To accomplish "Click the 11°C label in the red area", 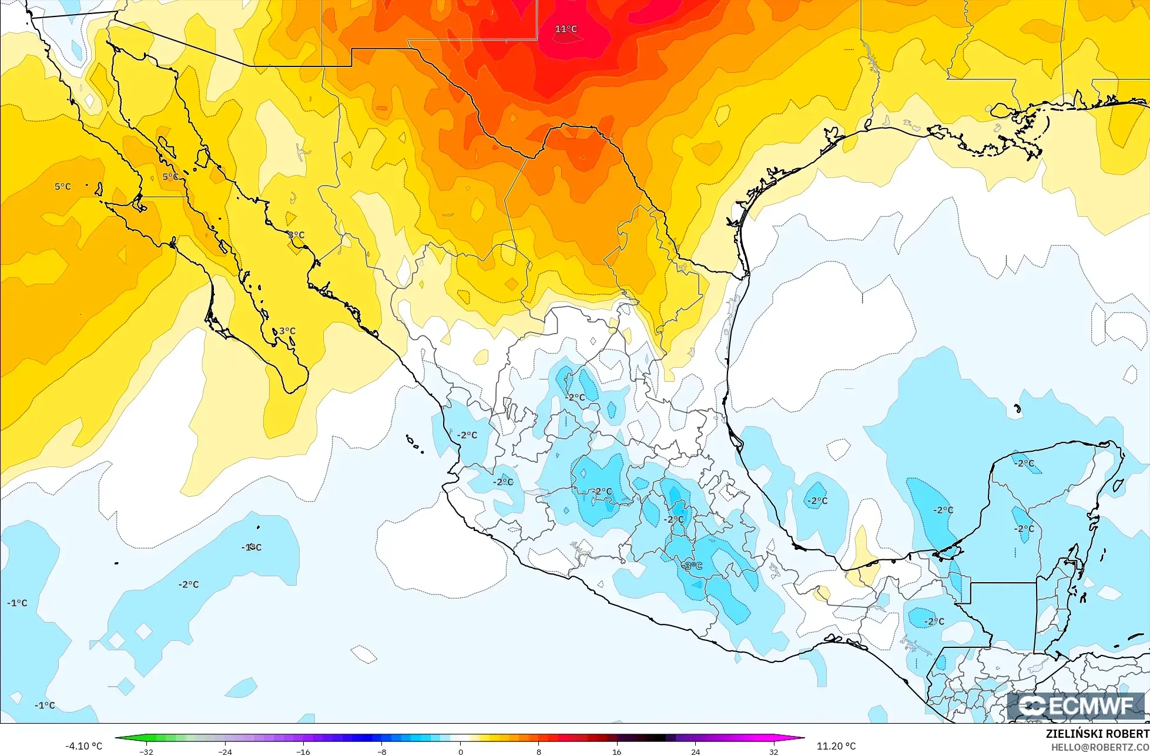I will [566, 29].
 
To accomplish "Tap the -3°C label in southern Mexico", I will [692, 566].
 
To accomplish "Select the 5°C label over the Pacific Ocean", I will [63, 186].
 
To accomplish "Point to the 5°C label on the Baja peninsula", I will [170, 176].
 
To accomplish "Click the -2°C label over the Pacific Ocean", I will [189, 584].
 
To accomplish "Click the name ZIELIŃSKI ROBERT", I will [1097, 734].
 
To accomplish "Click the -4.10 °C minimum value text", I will [83, 746].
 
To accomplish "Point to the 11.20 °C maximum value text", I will [836, 746].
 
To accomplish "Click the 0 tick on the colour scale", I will [460, 752].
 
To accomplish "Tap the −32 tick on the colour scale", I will [146, 752].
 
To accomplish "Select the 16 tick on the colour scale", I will [617, 752].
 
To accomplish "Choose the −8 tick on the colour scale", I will [381, 752].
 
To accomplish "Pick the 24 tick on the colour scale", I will [696, 752].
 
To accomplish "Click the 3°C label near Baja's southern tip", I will [287, 331].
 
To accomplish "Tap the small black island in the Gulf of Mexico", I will [1017, 409].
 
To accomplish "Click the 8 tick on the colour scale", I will [539, 752].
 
